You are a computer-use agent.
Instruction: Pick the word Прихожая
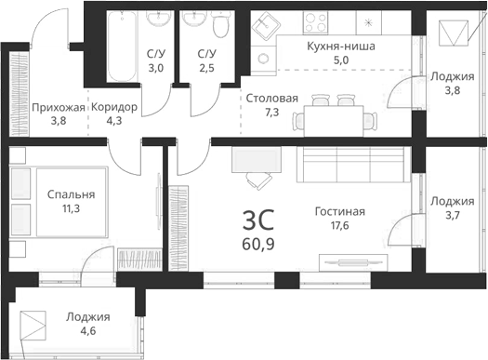[58, 107]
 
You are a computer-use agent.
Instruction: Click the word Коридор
[114, 107]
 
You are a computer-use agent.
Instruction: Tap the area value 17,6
[338, 226]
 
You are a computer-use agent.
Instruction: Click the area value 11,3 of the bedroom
[71, 209]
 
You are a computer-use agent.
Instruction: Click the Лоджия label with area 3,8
[453, 77]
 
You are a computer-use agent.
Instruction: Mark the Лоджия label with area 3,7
[453, 201]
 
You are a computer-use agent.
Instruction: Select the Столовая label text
[271, 98]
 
